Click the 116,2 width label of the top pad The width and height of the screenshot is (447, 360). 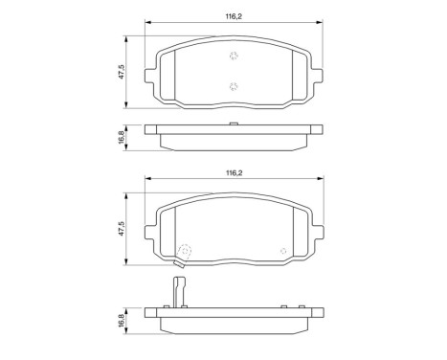232,16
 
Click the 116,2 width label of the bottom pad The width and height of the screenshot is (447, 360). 232,173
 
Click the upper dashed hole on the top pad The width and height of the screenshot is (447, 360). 232,57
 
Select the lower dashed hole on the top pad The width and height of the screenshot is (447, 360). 232,87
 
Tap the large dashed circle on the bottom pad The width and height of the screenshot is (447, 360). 186,253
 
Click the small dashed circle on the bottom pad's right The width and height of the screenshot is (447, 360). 281,253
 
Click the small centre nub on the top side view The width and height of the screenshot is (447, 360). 232,124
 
